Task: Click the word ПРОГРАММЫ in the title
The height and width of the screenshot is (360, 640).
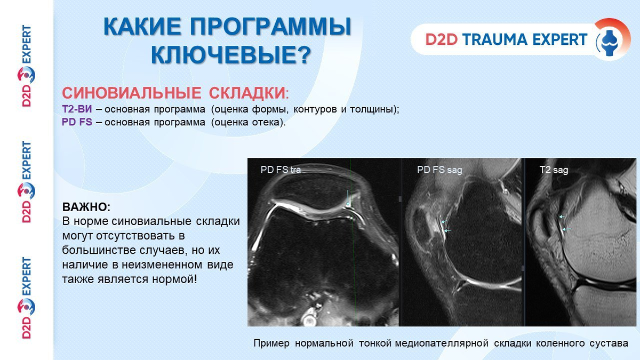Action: (270, 27)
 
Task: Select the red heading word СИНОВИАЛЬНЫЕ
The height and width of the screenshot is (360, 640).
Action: (132, 93)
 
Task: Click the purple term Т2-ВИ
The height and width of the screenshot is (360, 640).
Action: (77, 109)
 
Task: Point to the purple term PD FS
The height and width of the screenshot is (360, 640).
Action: (77, 122)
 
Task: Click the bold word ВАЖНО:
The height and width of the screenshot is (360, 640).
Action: (86, 207)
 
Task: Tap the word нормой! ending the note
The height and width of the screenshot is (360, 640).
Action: (174, 279)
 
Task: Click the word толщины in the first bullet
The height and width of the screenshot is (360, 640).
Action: (371, 109)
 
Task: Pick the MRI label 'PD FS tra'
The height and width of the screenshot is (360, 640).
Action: (281, 170)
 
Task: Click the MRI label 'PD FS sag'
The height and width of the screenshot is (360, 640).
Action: (439, 170)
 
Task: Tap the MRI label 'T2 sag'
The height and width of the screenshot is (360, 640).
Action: (554, 170)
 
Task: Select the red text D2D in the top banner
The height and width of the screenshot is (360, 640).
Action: (442, 39)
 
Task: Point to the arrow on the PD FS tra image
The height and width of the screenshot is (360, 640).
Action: (348, 198)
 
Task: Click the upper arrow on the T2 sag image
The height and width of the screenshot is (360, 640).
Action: (562, 217)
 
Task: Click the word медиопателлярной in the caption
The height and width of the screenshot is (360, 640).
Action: (442, 343)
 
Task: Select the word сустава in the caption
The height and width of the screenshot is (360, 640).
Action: (609, 343)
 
